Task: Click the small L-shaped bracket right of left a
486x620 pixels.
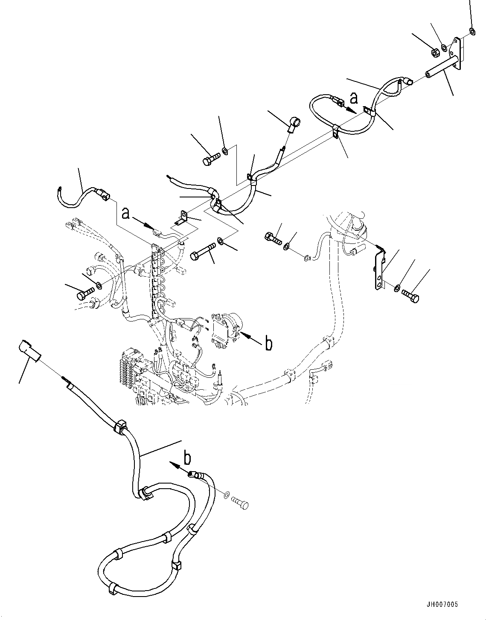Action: (183, 217)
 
